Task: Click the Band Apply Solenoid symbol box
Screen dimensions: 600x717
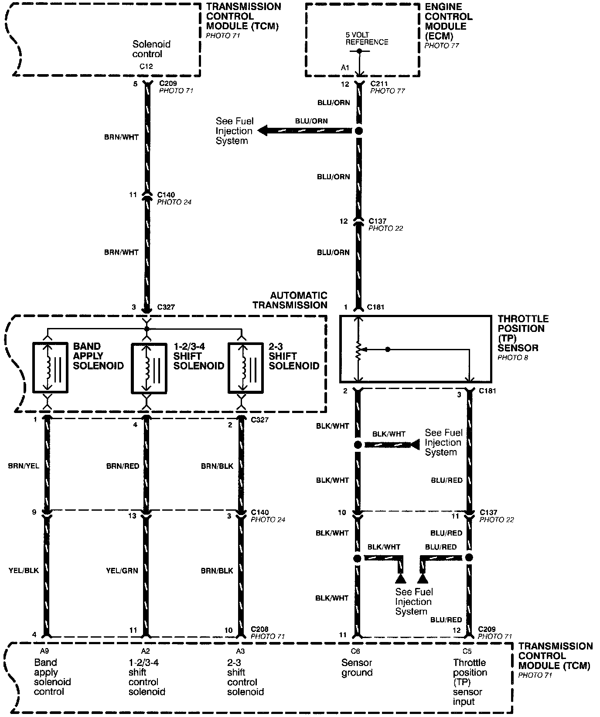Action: click(x=50, y=368)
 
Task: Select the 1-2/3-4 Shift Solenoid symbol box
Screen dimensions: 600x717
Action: click(x=149, y=368)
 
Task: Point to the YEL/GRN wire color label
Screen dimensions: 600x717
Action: click(x=122, y=570)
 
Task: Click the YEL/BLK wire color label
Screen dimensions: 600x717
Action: click(x=24, y=570)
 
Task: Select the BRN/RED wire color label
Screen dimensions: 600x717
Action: click(x=123, y=466)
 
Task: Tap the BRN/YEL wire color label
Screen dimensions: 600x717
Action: click(x=24, y=466)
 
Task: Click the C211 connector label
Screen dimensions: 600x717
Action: click(x=379, y=84)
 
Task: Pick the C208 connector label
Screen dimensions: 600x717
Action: click(x=260, y=629)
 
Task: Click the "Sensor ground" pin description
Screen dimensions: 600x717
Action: click(x=357, y=667)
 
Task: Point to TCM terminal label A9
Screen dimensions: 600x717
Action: click(x=44, y=651)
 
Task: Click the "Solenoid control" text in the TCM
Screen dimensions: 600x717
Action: click(x=151, y=49)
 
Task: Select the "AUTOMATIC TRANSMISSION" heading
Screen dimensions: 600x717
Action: click(x=290, y=300)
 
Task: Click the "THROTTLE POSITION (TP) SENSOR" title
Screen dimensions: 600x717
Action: click(x=523, y=333)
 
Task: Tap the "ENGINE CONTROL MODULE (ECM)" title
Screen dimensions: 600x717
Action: click(x=449, y=21)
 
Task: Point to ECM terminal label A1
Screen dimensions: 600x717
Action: click(x=345, y=68)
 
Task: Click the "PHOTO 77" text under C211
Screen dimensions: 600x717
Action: click(x=388, y=91)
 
